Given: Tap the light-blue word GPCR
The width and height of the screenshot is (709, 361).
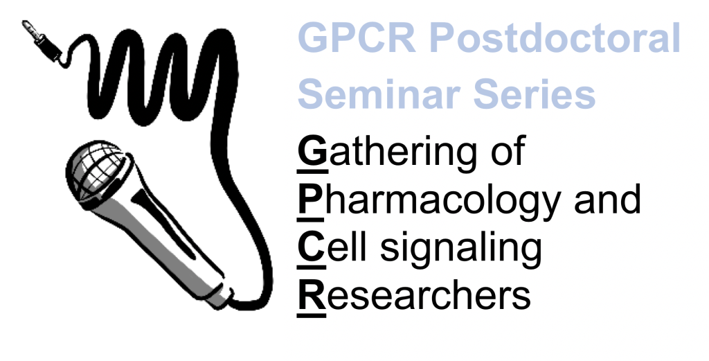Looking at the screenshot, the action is tap(357, 37).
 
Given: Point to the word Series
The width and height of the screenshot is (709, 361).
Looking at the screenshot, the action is tap(534, 94).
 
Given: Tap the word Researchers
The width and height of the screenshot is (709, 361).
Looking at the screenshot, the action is tap(414, 294).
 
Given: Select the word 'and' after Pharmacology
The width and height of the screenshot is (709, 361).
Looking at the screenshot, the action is tap(607, 198).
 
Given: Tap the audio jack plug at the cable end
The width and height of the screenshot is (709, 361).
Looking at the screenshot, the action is tap(42, 41).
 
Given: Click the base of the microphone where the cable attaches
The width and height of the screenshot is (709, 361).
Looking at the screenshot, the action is tap(221, 297).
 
